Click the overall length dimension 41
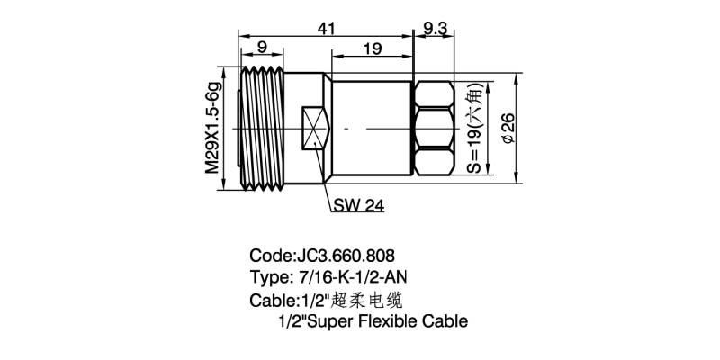coord(326,29)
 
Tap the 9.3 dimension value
coord(435,29)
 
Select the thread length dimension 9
coord(263,48)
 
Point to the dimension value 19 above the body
coord(373,49)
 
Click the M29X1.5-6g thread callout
coord(212,128)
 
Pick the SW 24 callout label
coord(358,206)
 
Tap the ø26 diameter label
coord(509,128)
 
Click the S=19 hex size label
coord(475,128)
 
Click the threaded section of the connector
coord(263,128)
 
